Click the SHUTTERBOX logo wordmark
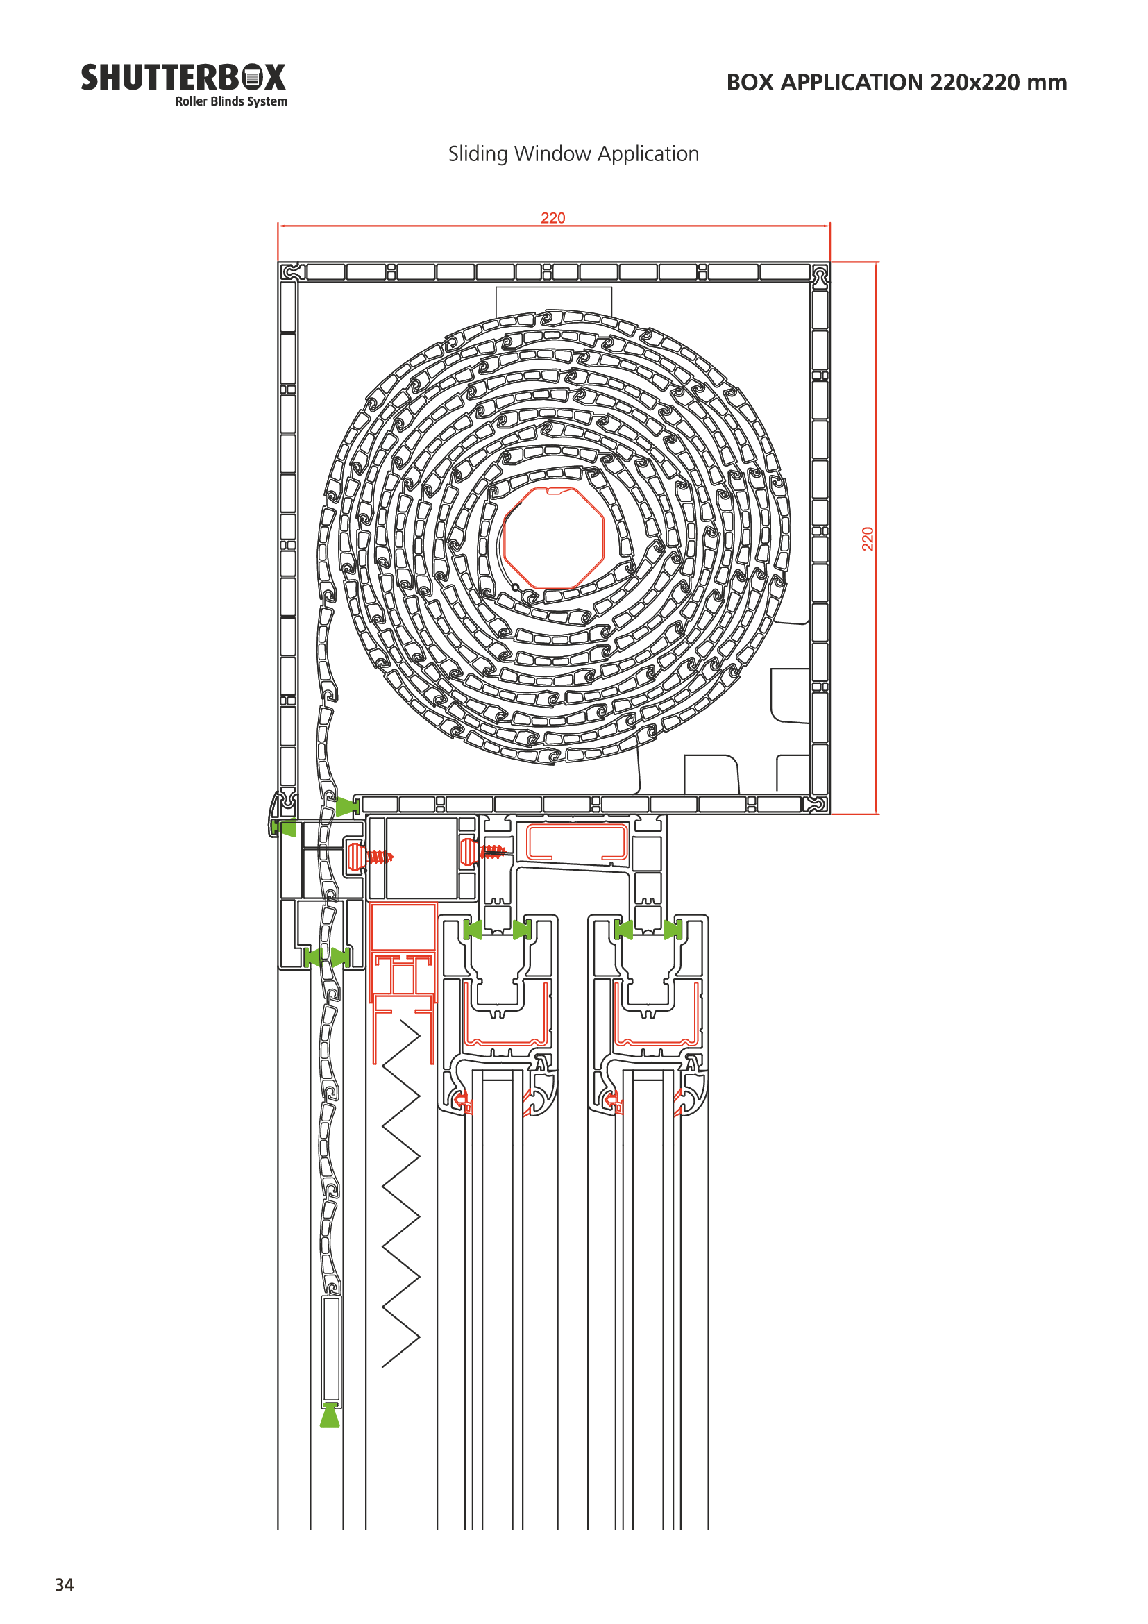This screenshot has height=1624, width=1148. tap(183, 78)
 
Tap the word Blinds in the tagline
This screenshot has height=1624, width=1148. tap(227, 101)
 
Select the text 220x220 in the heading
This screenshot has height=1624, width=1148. tap(974, 82)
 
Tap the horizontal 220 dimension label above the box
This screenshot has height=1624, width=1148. tap(552, 218)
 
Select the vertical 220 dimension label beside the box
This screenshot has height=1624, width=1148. tap(868, 539)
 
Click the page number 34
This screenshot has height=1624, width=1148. tap(65, 1584)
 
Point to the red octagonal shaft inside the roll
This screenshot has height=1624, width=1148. tap(552, 537)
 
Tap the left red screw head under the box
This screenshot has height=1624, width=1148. tap(355, 857)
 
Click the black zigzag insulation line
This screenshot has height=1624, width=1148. tap(400, 1194)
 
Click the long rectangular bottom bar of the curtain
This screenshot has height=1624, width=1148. tap(332, 1352)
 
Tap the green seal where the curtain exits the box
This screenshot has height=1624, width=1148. tap(347, 806)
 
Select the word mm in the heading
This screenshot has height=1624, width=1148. tap(1047, 83)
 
